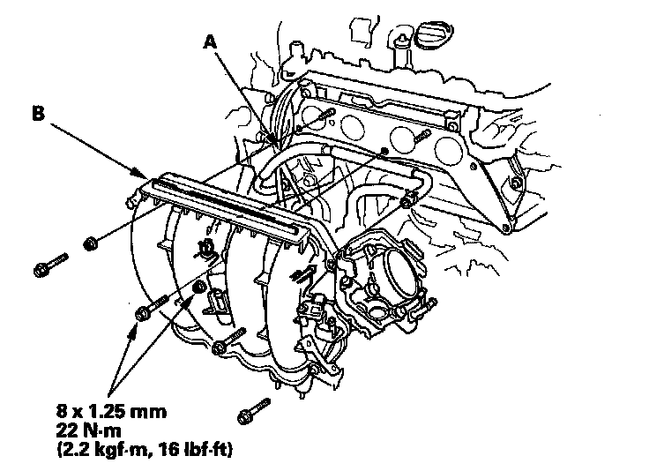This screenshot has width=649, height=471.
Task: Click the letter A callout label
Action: click(x=211, y=41)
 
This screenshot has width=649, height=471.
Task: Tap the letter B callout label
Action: click(x=38, y=113)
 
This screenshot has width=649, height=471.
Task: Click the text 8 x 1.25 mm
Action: click(x=111, y=411)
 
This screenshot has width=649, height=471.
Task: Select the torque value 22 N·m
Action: click(x=89, y=430)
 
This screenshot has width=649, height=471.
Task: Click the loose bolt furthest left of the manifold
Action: click(x=50, y=265)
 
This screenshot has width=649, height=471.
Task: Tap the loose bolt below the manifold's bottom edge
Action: click(x=254, y=411)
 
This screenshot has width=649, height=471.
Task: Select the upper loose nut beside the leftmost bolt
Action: click(x=90, y=243)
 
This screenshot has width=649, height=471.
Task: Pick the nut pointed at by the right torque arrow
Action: click(x=200, y=287)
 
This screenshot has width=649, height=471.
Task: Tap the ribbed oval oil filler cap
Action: click(x=434, y=34)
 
